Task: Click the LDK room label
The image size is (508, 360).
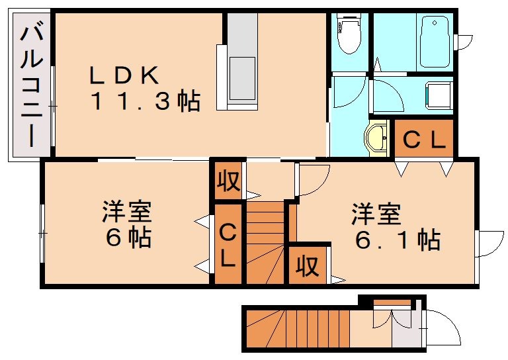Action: point(125,75)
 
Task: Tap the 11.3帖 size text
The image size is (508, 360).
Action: point(144,101)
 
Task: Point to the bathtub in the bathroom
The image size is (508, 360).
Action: point(434,41)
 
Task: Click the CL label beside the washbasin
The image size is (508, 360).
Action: point(424,140)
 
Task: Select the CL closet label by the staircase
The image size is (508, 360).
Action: point(227,244)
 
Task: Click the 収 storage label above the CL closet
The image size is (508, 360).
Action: point(228,181)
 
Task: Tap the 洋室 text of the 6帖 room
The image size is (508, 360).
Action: point(127,212)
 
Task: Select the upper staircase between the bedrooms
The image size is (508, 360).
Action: point(266,242)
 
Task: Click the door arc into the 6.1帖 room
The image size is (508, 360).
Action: point(313,179)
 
